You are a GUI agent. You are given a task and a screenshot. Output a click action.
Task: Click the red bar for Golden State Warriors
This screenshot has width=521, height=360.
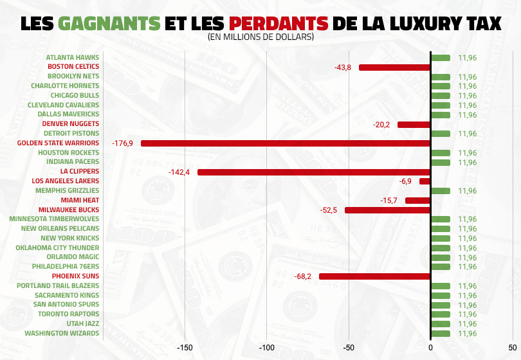pos(285,143)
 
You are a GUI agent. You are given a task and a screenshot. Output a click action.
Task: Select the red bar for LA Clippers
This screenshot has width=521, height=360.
pos(313,172)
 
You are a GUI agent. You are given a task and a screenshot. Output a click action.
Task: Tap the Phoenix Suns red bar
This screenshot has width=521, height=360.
pos(374,276)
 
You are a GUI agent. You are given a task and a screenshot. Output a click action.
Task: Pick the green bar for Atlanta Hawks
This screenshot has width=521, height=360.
pos(440,58)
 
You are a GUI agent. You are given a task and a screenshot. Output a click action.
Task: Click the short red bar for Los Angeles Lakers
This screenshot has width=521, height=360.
pos(425,181)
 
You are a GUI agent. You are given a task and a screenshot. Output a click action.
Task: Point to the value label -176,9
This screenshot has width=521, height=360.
pos(122,143)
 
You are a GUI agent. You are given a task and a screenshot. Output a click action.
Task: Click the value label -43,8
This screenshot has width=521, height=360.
pos(342,67)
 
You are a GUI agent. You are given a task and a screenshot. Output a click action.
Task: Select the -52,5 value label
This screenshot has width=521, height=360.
pos(328,210)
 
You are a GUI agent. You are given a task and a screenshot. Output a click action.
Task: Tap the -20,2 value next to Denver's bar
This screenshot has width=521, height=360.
pos(381,125)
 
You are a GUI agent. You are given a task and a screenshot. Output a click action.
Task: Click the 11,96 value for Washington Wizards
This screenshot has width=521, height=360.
pos(467,334)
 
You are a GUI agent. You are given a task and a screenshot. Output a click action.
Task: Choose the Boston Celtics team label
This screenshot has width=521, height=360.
pos(73,67)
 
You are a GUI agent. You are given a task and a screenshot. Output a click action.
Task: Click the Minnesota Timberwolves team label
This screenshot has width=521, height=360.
pos(54,219)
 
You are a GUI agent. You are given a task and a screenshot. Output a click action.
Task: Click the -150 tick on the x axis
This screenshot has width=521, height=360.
pos(185,348)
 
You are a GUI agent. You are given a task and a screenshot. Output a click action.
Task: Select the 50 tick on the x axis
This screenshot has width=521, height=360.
pos(512,348)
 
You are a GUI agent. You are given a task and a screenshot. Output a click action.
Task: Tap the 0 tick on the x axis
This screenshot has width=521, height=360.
pos(430,348)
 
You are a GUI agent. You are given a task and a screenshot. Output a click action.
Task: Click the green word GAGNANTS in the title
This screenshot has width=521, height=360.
pos(109,23)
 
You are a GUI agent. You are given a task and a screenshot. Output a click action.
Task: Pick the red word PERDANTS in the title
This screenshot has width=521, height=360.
pos(279,23)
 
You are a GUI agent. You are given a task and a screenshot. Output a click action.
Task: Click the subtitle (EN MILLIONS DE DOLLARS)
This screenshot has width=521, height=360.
pos(260,38)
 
